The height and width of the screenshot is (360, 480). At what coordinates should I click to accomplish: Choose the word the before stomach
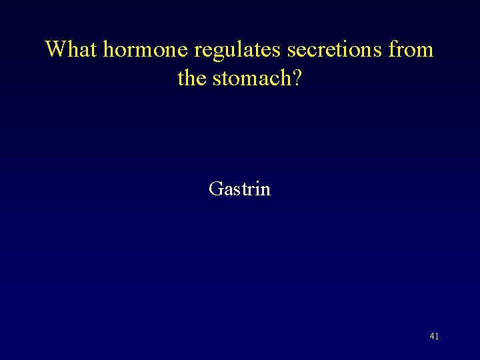pyautogui.click(x=192, y=79)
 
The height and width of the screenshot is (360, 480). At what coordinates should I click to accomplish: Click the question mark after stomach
pyautogui.click(x=297, y=79)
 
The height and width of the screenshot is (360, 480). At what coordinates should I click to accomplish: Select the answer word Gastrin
pyautogui.click(x=239, y=189)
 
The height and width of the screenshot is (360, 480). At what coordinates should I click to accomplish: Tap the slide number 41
pyautogui.click(x=434, y=337)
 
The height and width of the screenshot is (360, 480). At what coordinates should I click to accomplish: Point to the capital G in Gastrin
pyautogui.click(x=215, y=189)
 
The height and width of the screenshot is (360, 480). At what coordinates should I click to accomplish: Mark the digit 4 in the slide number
pyautogui.click(x=432, y=337)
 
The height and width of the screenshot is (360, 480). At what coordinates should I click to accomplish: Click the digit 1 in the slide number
pyautogui.click(x=437, y=337)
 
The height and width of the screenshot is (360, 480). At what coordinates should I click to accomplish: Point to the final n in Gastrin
pyautogui.click(x=266, y=191)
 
